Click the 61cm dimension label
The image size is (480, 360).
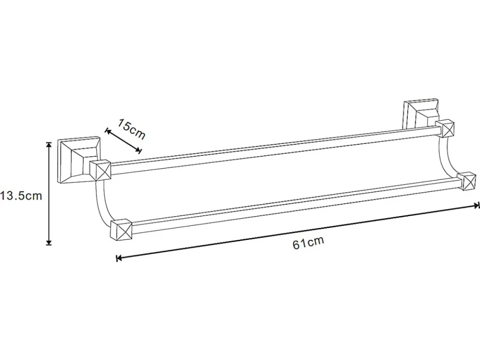308,242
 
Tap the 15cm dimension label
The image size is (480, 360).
131,129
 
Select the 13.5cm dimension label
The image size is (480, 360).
21,195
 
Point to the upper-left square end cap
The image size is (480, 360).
100,171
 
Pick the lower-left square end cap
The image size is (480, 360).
121,229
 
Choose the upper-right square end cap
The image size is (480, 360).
445,129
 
